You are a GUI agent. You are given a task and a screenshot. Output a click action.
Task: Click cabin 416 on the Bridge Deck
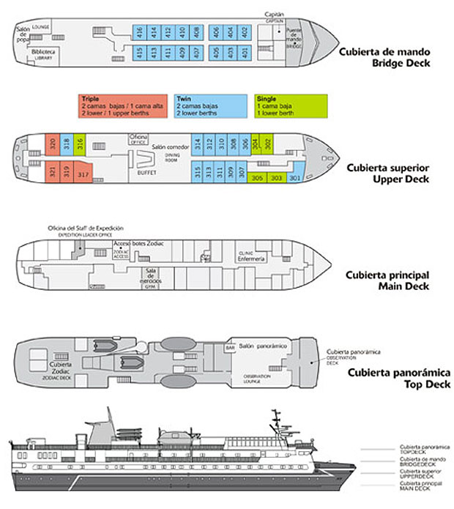tap(138, 32)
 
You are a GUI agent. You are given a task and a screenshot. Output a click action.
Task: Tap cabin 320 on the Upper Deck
tap(52, 145)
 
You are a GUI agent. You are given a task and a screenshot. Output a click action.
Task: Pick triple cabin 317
tap(83, 174)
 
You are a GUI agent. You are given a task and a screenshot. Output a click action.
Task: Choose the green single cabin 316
tap(81, 145)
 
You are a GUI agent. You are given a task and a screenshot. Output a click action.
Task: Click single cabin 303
tap(276, 178)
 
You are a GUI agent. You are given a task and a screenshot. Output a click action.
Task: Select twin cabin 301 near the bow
tap(295, 178)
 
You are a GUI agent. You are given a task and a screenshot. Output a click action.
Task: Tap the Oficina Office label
tap(138, 139)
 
